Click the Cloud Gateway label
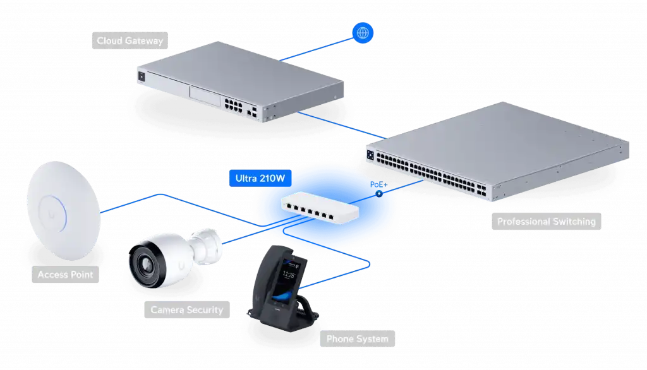pyautogui.click(x=130, y=42)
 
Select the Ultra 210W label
pyautogui.click(x=260, y=179)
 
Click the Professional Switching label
pyautogui.click(x=546, y=222)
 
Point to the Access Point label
pyautogui.click(x=65, y=275)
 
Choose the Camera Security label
pyautogui.click(x=186, y=310)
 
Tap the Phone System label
pyautogui.click(x=357, y=339)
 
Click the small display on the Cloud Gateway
pyautogui.click(x=141, y=76)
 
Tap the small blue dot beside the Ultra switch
pyautogui.click(x=379, y=194)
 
